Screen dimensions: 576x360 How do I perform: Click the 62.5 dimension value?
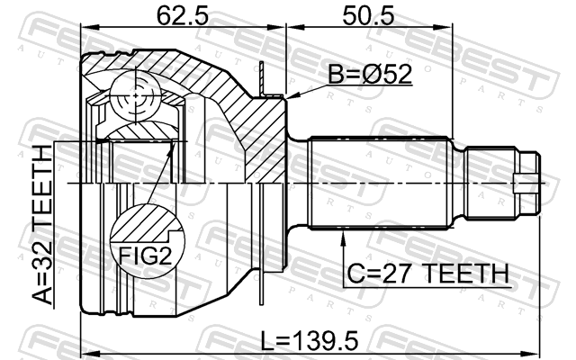(182, 16)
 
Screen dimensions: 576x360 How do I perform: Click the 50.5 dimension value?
(368, 16)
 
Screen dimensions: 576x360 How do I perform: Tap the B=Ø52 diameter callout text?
(370, 74)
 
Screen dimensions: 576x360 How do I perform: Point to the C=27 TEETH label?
(428, 274)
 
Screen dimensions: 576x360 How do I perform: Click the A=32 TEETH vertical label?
(42, 225)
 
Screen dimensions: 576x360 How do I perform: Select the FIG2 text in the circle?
(146, 256)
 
